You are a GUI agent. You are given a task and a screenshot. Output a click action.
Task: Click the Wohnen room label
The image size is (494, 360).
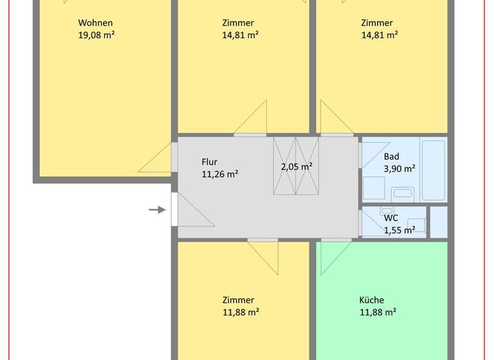(x=95, y=22)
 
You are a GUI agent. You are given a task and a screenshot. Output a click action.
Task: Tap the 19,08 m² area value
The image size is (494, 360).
(x=96, y=35)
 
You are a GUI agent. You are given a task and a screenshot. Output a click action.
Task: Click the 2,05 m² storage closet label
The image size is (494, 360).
(x=297, y=166)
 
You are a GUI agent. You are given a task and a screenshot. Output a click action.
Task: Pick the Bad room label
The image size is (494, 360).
(x=392, y=156)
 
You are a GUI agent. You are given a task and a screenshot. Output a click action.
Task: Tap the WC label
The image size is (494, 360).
(x=391, y=218)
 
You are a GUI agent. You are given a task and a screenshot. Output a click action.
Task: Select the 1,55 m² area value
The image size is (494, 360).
(x=399, y=230)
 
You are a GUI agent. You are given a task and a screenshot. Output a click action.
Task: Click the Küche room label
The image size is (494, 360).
(x=371, y=300)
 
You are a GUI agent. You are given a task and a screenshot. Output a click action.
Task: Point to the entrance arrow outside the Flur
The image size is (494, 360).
(x=158, y=210)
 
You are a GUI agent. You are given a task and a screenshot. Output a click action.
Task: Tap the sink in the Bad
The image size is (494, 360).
(x=403, y=192)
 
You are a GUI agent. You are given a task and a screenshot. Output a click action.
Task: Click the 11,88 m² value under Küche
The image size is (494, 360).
(x=378, y=312)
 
